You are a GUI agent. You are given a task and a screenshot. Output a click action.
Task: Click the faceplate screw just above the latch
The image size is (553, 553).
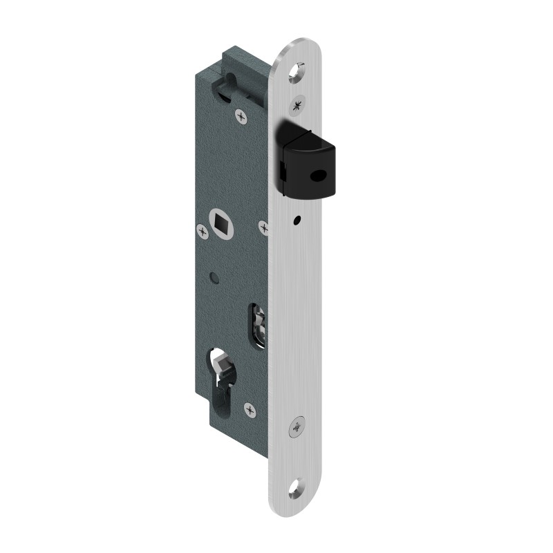click(x=299, y=105)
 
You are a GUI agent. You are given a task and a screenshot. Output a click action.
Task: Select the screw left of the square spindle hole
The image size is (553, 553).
click(x=203, y=232)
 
